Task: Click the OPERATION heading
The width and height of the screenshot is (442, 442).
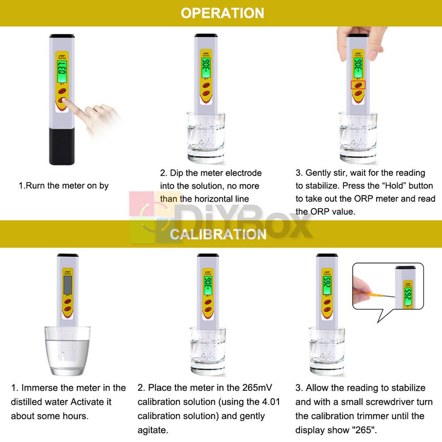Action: pos(222,13)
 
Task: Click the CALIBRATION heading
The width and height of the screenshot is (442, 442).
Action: pos(218,234)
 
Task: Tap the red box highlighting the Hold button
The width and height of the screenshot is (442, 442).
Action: pos(358,85)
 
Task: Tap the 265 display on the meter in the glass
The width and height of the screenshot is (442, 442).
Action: pos(327,287)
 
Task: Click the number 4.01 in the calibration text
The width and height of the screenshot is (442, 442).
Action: pos(270,402)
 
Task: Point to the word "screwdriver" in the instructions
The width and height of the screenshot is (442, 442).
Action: pos(403,402)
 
